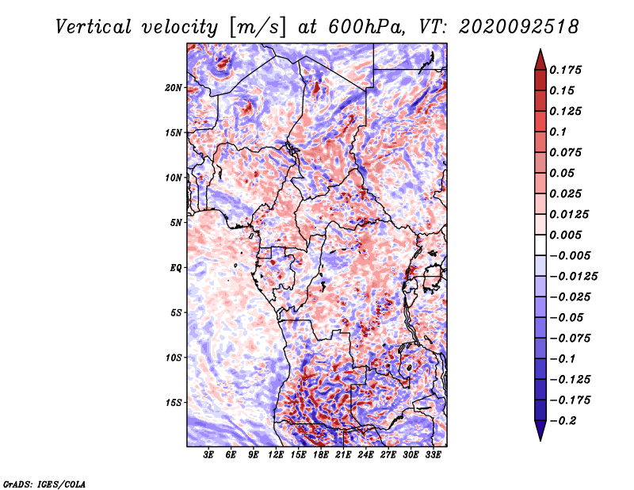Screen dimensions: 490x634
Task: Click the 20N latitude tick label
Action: (174, 87)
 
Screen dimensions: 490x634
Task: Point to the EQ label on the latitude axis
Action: (176, 268)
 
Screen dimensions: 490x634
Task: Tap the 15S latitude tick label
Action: (174, 403)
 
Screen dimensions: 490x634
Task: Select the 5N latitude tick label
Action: (177, 223)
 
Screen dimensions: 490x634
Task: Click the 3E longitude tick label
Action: (209, 456)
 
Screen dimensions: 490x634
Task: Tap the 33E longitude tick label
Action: (434, 456)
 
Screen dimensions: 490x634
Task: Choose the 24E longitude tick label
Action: (367, 456)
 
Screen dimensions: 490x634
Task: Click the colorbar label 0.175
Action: (567, 70)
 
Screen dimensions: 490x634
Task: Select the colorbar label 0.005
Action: (567, 235)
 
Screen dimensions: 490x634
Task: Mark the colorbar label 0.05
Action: (563, 173)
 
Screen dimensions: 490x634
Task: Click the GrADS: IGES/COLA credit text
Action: (44, 483)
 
